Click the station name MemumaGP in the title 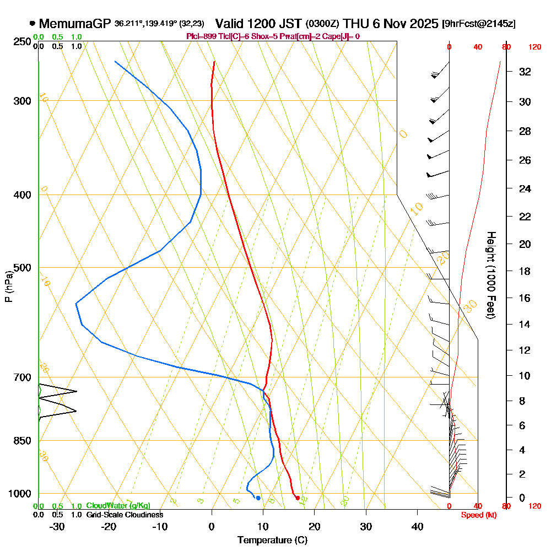tap(75, 24)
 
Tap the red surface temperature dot tap(298, 498)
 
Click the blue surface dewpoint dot tap(258, 498)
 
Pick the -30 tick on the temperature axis tap(57, 526)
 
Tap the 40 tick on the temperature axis tap(418, 526)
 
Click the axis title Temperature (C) tap(272, 540)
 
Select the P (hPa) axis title tap(8, 287)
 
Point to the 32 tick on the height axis tap(526, 72)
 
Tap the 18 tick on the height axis tap(526, 271)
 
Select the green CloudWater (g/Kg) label tap(118, 506)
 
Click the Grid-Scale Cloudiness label tap(125, 515)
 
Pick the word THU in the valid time tap(355, 24)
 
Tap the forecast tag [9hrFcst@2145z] tap(479, 24)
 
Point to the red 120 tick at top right tap(534, 47)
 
